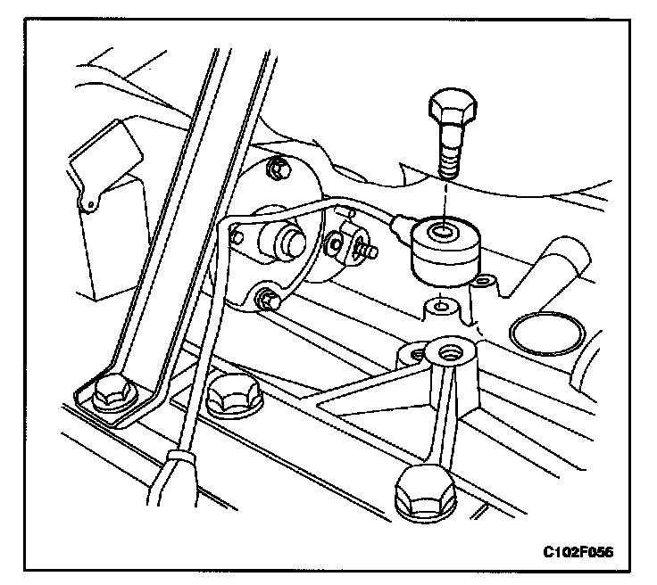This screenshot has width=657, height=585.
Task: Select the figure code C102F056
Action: pos(578,550)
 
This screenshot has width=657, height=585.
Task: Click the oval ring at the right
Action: pos(546,334)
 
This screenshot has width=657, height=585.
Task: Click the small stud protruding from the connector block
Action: pos(368,251)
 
